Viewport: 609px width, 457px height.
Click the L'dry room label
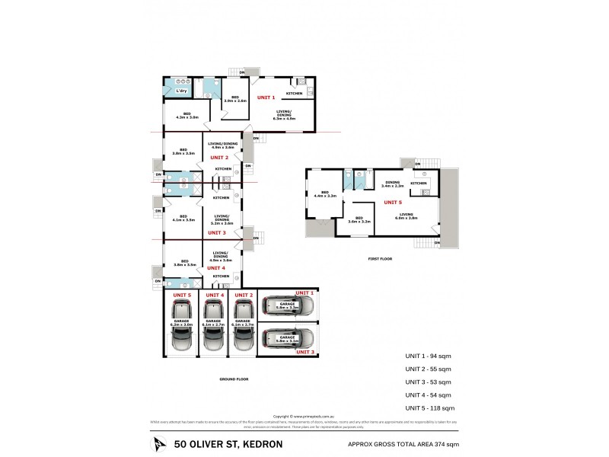pyautogui.click(x=181, y=91)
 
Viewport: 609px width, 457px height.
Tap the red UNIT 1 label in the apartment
pyautogui.click(x=266, y=97)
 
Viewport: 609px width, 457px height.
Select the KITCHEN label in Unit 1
pyautogui.click(x=295, y=94)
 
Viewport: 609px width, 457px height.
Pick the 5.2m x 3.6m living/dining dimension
pyautogui.click(x=222, y=223)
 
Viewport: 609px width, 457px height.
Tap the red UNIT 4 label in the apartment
pyautogui.click(x=216, y=267)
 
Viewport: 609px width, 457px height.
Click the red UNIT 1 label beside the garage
pyautogui.click(x=304, y=293)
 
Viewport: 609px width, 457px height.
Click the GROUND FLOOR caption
pyautogui.click(x=233, y=379)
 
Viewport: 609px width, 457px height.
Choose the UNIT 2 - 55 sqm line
pyautogui.click(x=428, y=368)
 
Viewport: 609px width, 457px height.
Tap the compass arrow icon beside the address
pyautogui.click(x=158, y=443)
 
